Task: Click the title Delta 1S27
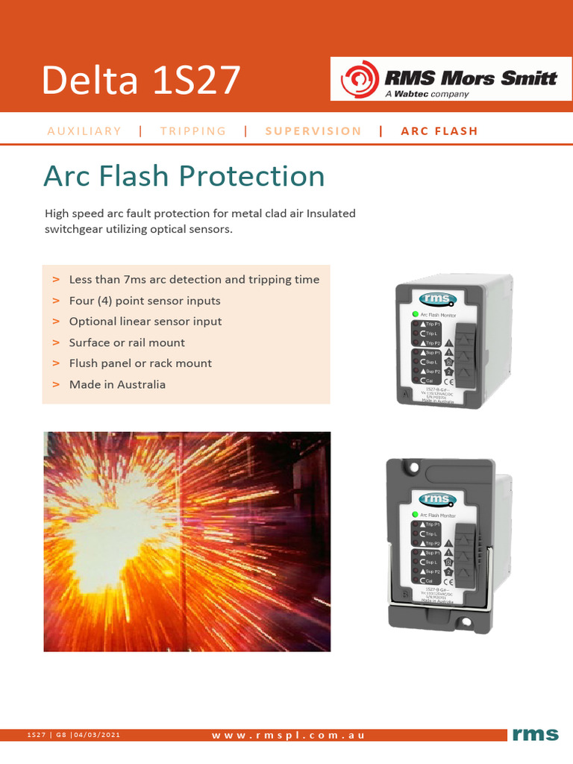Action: [x=141, y=80]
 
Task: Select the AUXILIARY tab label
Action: [x=84, y=131]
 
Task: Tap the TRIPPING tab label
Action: [x=192, y=131]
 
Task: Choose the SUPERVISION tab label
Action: [x=313, y=131]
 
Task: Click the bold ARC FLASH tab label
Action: [x=439, y=131]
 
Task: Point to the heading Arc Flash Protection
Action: [x=184, y=176]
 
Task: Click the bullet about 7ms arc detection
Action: [x=194, y=280]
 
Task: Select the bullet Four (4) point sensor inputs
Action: [x=145, y=301]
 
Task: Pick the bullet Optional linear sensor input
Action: [x=145, y=322]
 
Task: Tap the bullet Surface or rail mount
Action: [x=127, y=342]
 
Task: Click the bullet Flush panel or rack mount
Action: [x=140, y=363]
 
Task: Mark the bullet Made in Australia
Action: [x=117, y=384]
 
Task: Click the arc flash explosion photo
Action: [x=187, y=541]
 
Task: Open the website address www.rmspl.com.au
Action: [x=288, y=736]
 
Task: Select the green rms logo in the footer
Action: [x=535, y=735]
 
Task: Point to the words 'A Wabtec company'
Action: [x=427, y=94]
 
